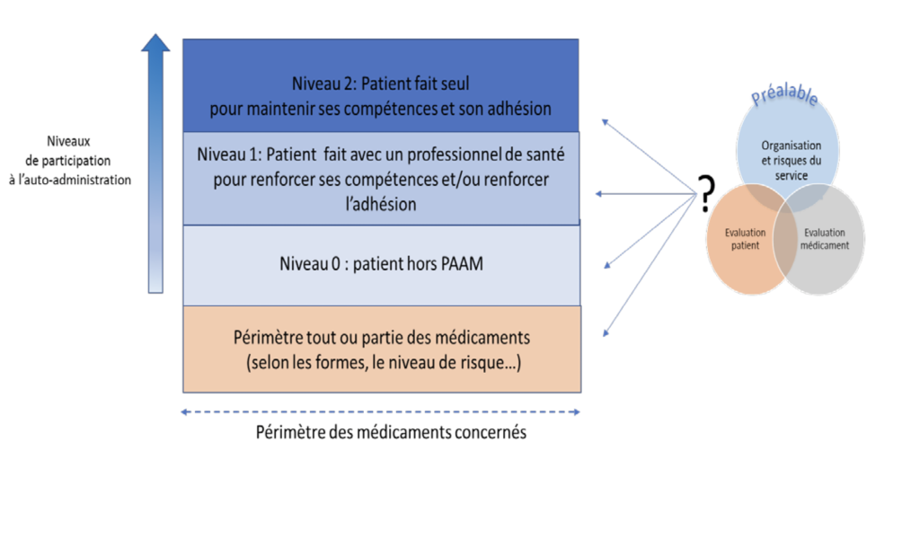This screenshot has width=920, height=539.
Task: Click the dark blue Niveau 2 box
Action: tap(381, 85)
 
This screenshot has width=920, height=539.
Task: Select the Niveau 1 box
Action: tap(381, 178)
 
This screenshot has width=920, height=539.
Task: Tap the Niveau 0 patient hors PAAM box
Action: tap(381, 265)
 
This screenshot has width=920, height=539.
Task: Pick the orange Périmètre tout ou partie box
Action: tap(382, 349)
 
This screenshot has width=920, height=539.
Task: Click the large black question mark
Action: tap(708, 193)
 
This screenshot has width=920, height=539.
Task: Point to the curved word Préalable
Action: tap(784, 94)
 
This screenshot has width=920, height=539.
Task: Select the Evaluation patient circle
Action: tap(745, 239)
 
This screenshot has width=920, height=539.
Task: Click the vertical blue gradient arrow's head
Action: tap(155, 42)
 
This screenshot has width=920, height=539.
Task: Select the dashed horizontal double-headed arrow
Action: tap(381, 411)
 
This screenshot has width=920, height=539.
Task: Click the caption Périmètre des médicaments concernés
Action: tap(391, 432)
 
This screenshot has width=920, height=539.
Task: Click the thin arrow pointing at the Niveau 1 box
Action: tap(645, 193)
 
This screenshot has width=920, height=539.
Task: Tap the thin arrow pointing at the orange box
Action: tap(650, 265)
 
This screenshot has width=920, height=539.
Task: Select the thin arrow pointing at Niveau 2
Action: tap(650, 156)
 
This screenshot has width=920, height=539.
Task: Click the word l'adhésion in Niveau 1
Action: tap(381, 204)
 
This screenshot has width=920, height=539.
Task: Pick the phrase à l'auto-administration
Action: tap(70, 180)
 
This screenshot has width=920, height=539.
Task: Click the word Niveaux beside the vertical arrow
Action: tap(68, 141)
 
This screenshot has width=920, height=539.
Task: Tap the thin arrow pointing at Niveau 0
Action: tap(650, 231)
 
